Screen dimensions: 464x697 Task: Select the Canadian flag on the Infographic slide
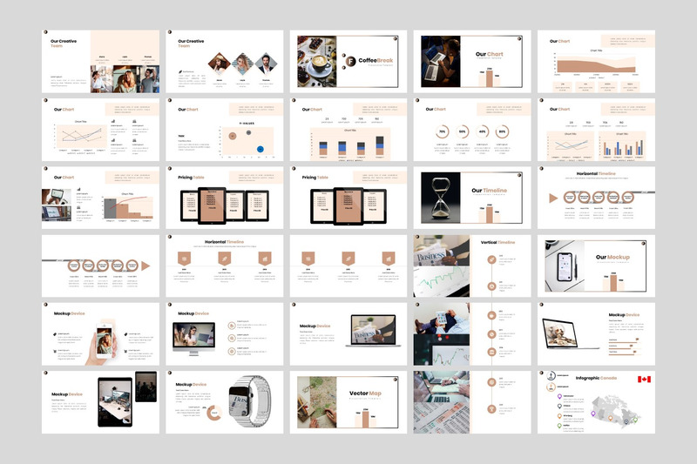pyautogui.click(x=644, y=380)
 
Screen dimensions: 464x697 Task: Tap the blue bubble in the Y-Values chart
pyautogui.click(x=261, y=149)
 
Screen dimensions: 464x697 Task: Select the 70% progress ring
pyautogui.click(x=443, y=131)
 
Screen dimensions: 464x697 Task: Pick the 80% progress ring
pyautogui.click(x=502, y=131)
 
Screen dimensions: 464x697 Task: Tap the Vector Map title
pyautogui.click(x=364, y=393)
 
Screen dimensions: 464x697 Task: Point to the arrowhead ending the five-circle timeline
pyautogui.click(x=145, y=265)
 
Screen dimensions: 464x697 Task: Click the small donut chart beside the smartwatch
pyautogui.click(x=213, y=410)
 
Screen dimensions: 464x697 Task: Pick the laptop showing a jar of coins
pyautogui.click(x=564, y=333)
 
